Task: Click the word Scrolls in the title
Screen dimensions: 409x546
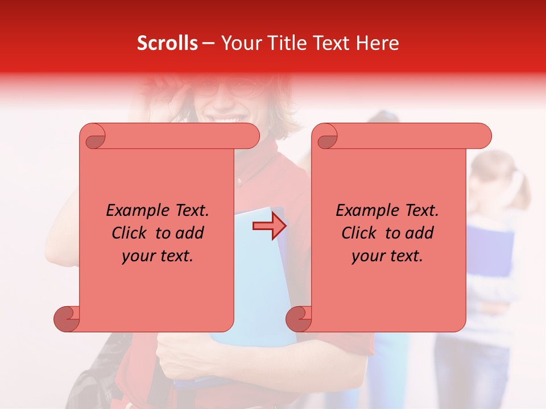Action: tap(167, 43)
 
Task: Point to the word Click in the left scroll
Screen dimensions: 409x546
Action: tap(131, 233)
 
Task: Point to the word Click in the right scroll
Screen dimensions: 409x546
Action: tap(361, 233)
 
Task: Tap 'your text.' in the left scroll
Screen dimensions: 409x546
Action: tap(158, 256)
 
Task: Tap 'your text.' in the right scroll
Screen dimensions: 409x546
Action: tap(387, 256)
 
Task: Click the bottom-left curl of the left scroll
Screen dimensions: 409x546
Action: tap(67, 318)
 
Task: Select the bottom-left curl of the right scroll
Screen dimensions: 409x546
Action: tap(299, 318)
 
